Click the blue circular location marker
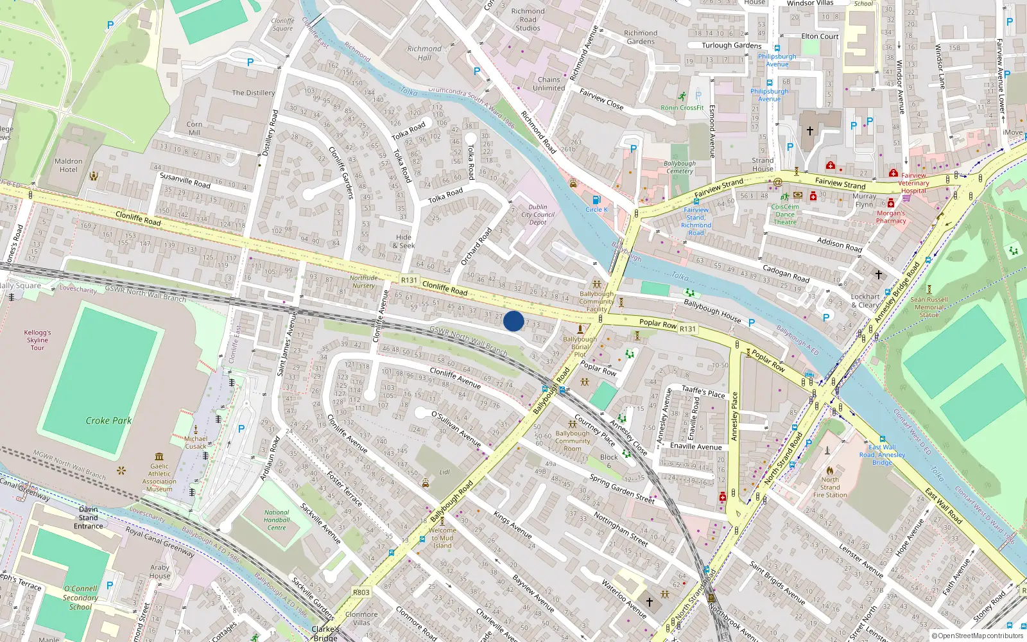[x=513, y=320]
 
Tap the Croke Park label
[x=108, y=421]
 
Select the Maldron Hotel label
[x=69, y=166]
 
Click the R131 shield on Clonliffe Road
[x=409, y=280]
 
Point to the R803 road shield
[x=361, y=592]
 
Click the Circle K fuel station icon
[x=596, y=200]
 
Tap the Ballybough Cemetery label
[x=679, y=168]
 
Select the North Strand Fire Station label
[x=830, y=487]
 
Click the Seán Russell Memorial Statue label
[x=929, y=307]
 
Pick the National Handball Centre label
[x=277, y=520]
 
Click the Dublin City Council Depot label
[x=538, y=214]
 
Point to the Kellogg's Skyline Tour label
[x=37, y=340]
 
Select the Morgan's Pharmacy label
[x=891, y=217]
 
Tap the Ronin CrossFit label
[x=682, y=108]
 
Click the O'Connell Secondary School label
[x=80, y=597]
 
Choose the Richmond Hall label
[x=424, y=53]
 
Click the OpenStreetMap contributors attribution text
[x=977, y=636]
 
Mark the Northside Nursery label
[x=363, y=282]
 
